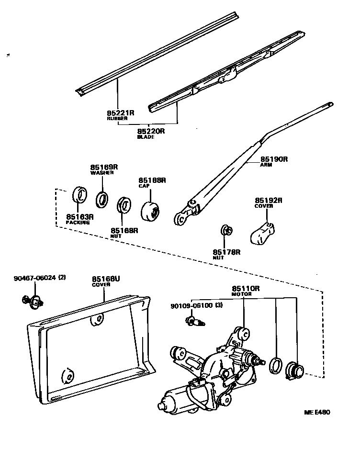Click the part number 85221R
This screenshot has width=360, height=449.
click(x=120, y=113)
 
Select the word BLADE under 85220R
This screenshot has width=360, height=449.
click(x=146, y=137)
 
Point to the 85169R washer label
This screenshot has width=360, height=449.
click(x=104, y=167)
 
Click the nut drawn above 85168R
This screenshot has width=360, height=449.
click(x=124, y=204)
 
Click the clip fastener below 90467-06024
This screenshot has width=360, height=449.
click(x=33, y=301)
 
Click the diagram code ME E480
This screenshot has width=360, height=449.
click(x=317, y=412)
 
